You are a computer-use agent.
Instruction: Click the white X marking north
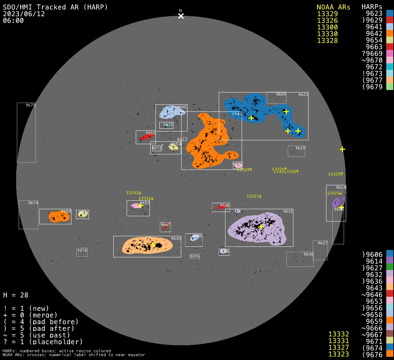tap(181, 16)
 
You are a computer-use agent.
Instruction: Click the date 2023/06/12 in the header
tap(24, 14)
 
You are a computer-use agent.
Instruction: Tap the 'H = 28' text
tap(16, 295)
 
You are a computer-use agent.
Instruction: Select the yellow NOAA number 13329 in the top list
tap(327, 14)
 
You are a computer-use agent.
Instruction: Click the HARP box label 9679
tap(31, 105)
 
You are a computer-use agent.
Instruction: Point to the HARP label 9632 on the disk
tap(288, 211)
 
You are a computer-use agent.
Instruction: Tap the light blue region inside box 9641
tap(171, 112)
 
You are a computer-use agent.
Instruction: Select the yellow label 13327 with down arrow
tap(254, 196)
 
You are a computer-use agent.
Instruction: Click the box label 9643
tap(176, 238)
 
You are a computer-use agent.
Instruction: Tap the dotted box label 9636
tap(308, 254)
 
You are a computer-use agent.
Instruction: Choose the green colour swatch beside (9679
tap(389, 87)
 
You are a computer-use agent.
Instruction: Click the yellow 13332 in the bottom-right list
tap(338, 334)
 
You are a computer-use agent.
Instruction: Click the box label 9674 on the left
tap(33, 203)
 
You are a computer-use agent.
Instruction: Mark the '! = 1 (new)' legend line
tap(26, 308)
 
